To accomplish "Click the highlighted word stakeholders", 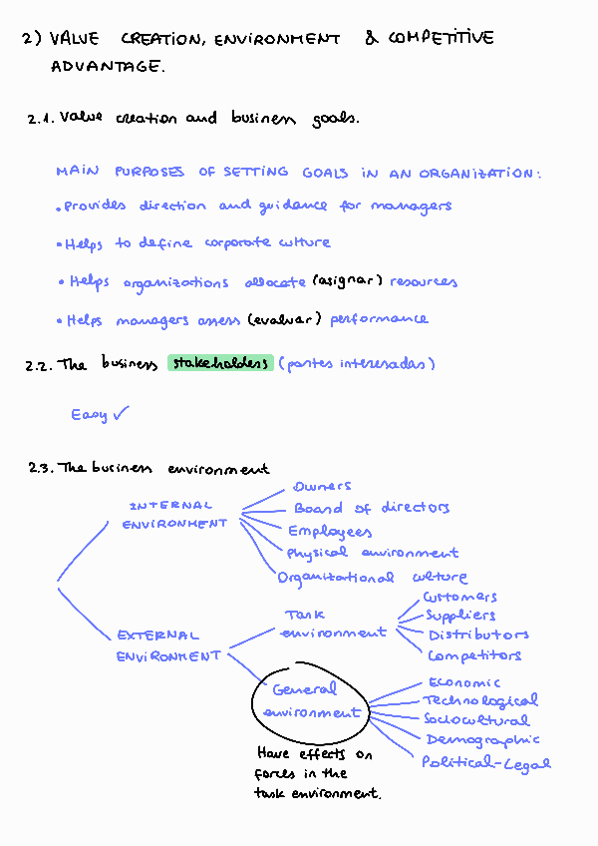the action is (x=220, y=363).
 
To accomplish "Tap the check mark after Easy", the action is (x=122, y=413).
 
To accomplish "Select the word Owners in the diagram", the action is (x=322, y=487).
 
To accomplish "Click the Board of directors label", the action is (x=372, y=509).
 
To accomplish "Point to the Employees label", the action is (x=330, y=532).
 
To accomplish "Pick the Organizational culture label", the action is (x=373, y=578).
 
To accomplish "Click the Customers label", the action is (x=459, y=597).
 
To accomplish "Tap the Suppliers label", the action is (x=460, y=616).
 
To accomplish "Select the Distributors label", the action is (x=478, y=634).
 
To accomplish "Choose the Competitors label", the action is (x=474, y=655).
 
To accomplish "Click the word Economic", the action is (x=464, y=682).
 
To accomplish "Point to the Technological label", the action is (x=480, y=701).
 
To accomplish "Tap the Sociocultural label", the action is (x=476, y=719).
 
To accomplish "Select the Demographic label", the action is (x=482, y=740).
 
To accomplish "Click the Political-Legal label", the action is (x=486, y=763).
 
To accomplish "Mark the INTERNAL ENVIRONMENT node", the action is (x=173, y=515).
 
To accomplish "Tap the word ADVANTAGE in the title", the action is (x=108, y=68).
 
